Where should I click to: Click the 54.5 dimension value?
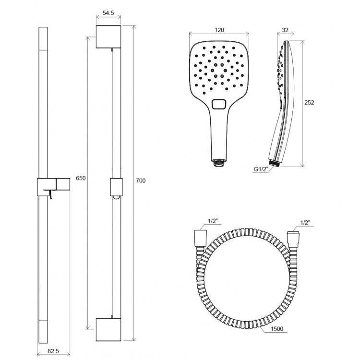tap(108, 13)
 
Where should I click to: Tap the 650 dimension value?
tap(81, 178)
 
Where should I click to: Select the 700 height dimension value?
tap(141, 180)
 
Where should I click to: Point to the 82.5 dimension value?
tap(53, 351)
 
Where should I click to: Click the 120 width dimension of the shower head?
tap(219, 30)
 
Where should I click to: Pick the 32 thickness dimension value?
tap(285, 30)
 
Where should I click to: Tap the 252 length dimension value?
tap(309, 102)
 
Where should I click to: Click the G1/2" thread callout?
tap(261, 169)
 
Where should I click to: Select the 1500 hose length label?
tap(277, 329)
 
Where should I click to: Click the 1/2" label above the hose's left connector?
tap(213, 221)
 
